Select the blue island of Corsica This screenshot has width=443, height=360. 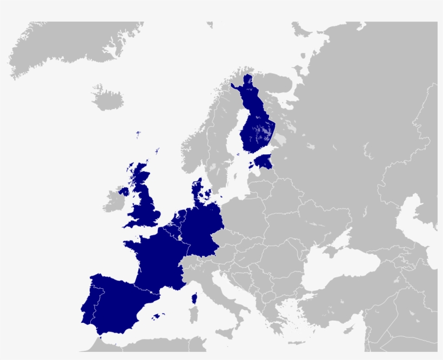point(194,298)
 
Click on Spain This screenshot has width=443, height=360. point(116,302)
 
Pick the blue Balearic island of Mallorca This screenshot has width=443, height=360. point(157,316)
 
